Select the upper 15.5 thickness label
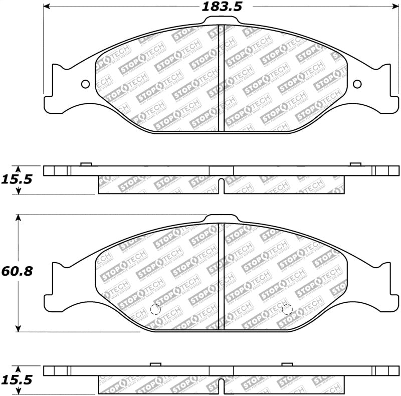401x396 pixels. [x=18, y=178]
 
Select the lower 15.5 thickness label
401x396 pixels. [x=18, y=380]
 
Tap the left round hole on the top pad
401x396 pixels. [x=85, y=84]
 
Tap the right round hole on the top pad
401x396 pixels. [x=357, y=84]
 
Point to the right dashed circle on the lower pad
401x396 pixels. [x=287, y=310]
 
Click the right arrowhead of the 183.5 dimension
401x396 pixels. [x=394, y=7]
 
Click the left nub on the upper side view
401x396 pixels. [x=86, y=163]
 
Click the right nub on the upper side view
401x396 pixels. [x=355, y=163]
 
